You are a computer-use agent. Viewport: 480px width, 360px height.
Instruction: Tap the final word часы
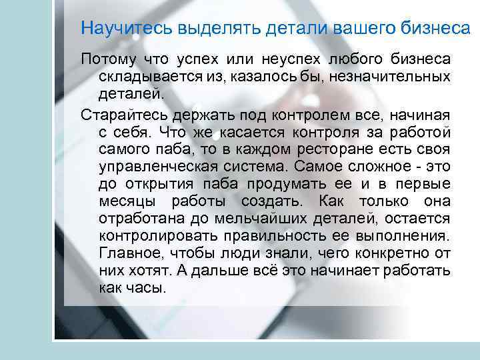tap(145, 288)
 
